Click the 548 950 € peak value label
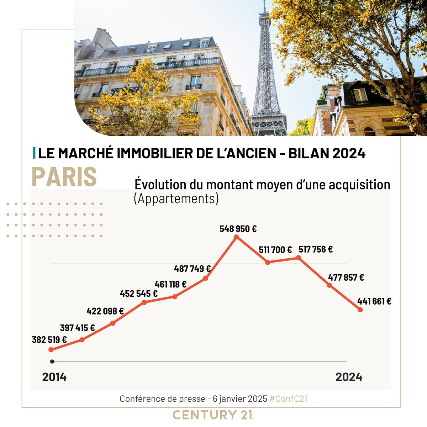238,229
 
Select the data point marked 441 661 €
360,310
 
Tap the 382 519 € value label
49,340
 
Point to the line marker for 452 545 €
144,302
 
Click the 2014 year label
54,377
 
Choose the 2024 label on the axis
349,377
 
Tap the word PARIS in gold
64,176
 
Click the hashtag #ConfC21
288,399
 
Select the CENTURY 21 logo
213,415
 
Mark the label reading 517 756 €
315,249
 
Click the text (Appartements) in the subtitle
176,199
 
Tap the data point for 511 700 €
268,262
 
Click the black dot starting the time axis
52,362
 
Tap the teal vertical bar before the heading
34,153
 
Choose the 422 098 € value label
105,311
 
